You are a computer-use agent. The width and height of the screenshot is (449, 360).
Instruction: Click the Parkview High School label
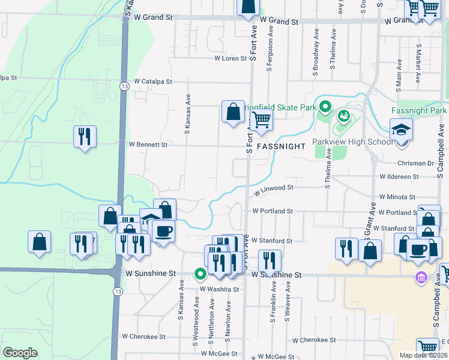click(352, 142)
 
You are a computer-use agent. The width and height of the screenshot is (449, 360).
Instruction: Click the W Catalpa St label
click(153, 81)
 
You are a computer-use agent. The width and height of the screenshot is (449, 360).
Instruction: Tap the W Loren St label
click(231, 59)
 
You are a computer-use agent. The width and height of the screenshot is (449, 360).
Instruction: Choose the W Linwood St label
click(273, 190)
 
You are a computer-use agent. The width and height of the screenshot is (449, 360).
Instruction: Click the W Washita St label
click(219, 289)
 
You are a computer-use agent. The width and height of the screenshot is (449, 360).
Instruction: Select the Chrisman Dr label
click(415, 163)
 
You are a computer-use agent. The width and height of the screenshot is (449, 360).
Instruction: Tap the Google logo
click(20, 353)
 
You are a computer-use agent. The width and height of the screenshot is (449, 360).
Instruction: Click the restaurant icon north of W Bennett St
click(85, 136)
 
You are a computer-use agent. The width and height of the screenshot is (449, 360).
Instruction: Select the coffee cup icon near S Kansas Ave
click(163, 231)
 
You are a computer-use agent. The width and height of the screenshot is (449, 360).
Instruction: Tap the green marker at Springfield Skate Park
click(325, 107)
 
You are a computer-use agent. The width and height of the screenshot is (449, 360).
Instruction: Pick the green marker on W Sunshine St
click(200, 274)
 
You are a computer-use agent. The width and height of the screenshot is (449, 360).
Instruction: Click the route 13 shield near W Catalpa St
click(124, 86)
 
